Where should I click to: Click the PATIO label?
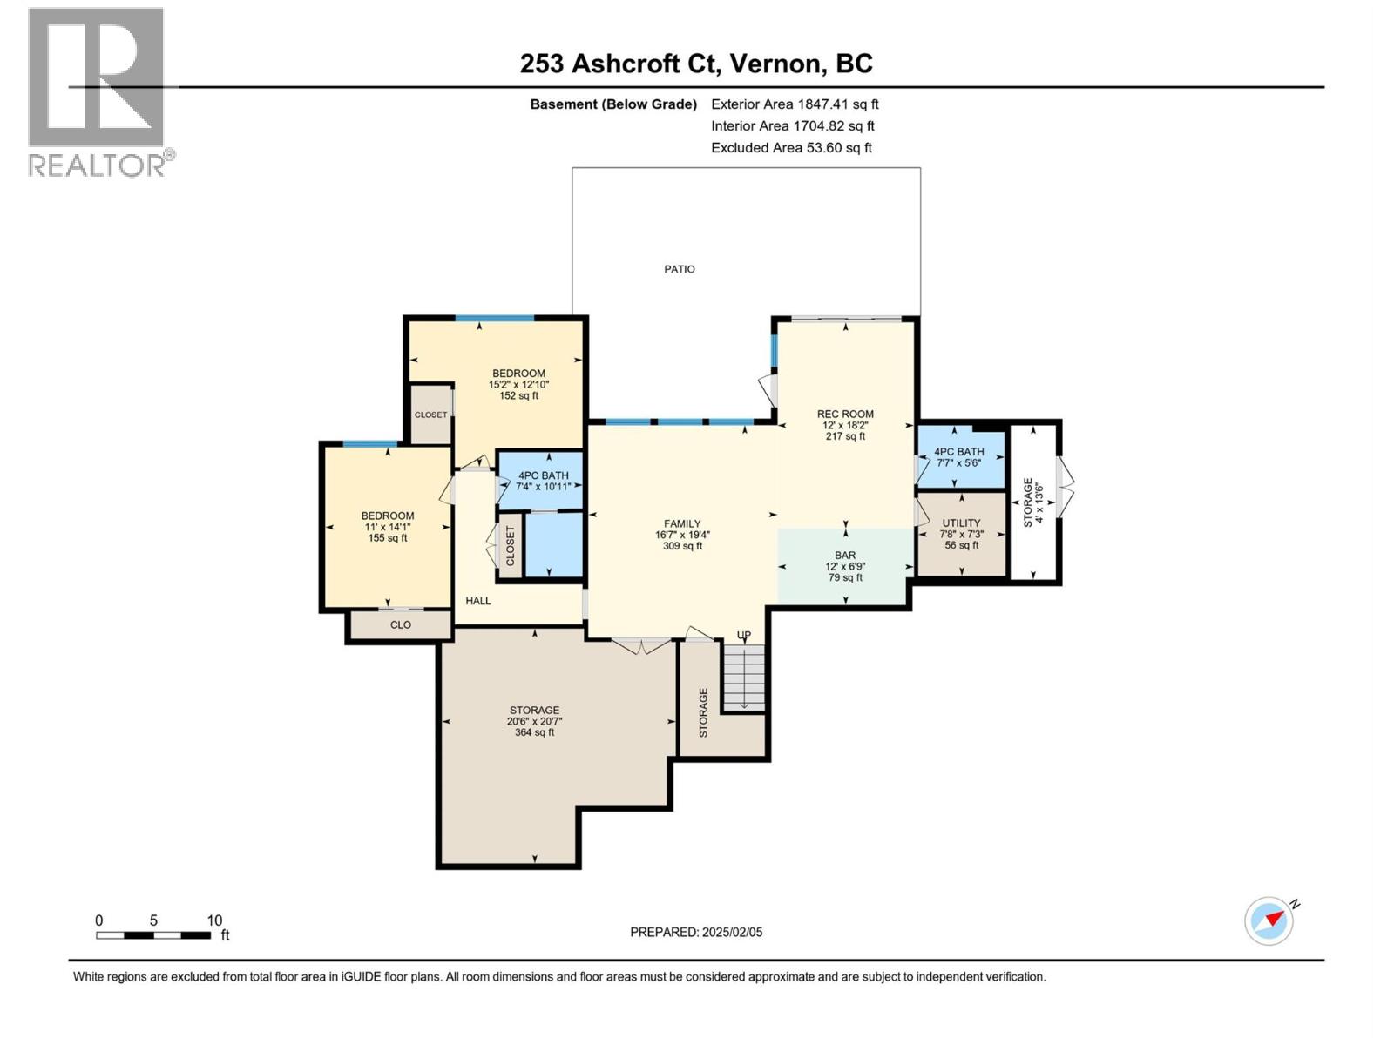click(679, 269)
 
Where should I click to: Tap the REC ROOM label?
click(844, 415)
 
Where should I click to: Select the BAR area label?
click(844, 556)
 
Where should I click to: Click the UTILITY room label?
click(961, 523)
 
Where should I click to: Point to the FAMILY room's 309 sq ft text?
click(682, 546)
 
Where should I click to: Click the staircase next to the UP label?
click(744, 678)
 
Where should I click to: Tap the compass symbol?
click(1269, 920)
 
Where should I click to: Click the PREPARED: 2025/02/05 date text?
click(696, 932)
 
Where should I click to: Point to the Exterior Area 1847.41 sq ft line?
click(794, 104)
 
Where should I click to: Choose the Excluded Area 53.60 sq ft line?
click(791, 148)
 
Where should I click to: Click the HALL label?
click(477, 601)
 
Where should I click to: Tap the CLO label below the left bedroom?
click(400, 625)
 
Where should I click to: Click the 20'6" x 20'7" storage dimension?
click(534, 721)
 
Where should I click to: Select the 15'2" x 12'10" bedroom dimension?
click(518, 384)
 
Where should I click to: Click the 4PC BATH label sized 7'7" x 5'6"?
click(958, 452)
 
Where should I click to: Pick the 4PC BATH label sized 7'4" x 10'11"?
click(543, 475)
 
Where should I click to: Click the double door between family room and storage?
click(642, 645)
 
